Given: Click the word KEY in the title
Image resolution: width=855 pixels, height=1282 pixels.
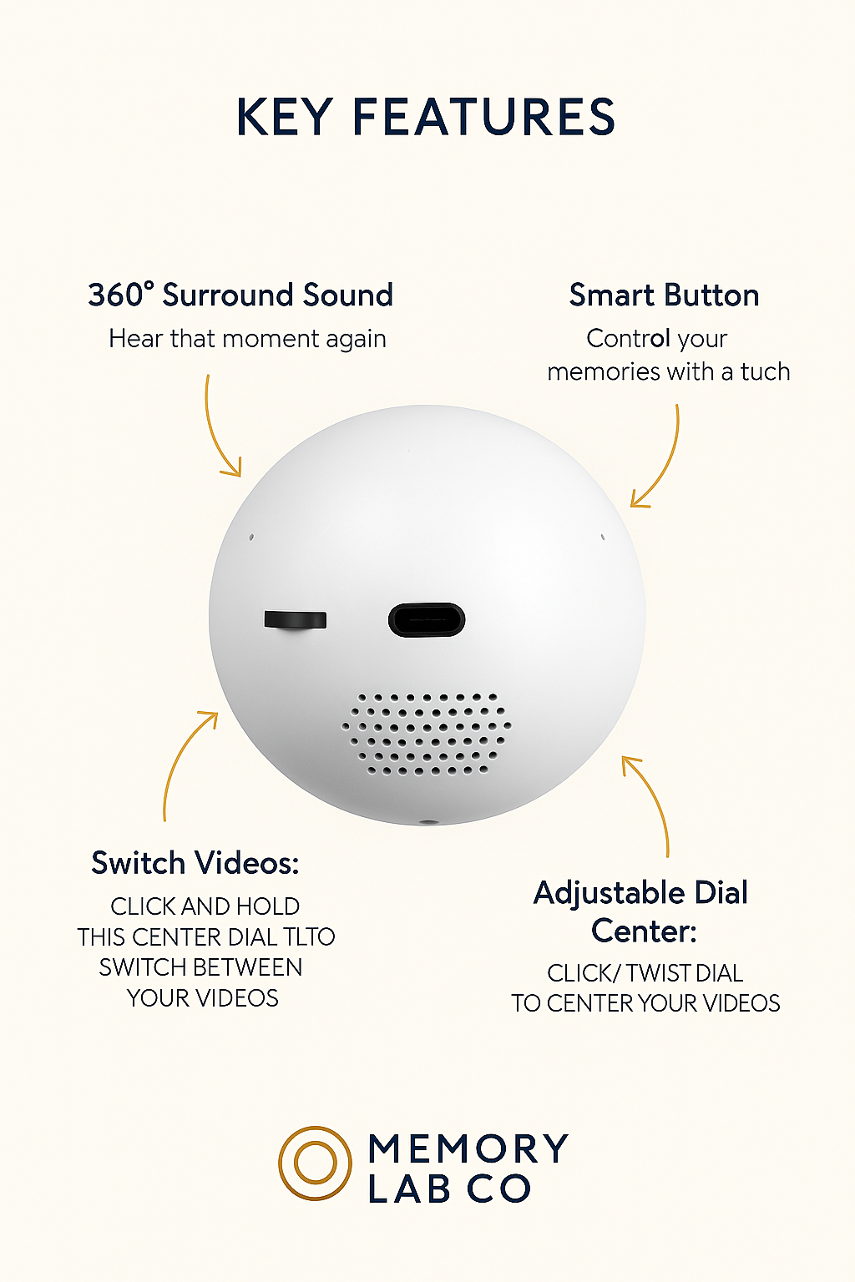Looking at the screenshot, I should (x=285, y=117).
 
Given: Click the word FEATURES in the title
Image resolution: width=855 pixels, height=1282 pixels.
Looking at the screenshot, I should (x=483, y=117).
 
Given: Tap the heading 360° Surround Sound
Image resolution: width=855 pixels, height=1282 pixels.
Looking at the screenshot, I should (x=240, y=295).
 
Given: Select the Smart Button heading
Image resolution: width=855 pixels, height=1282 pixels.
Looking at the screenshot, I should (x=664, y=295).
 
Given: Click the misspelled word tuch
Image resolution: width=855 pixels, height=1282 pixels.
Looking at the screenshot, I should (x=765, y=371).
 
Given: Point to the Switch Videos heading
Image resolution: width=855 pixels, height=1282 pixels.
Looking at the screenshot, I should (x=195, y=863).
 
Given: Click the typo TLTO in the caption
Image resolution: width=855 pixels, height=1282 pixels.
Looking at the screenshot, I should (x=309, y=937).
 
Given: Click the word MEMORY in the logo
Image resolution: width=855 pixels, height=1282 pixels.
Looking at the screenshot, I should (x=468, y=1148).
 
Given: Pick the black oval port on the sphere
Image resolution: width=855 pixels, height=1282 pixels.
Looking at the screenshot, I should (x=427, y=620).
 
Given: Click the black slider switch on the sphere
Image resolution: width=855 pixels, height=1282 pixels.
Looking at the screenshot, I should (x=295, y=620).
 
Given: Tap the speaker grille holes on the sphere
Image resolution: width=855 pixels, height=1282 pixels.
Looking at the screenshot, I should (x=427, y=734).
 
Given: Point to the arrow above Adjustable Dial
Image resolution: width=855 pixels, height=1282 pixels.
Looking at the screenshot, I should (x=650, y=801).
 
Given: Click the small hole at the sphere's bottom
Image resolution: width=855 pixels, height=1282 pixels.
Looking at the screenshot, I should (x=428, y=822).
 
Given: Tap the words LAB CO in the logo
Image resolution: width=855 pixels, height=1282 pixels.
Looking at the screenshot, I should (x=449, y=1189).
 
